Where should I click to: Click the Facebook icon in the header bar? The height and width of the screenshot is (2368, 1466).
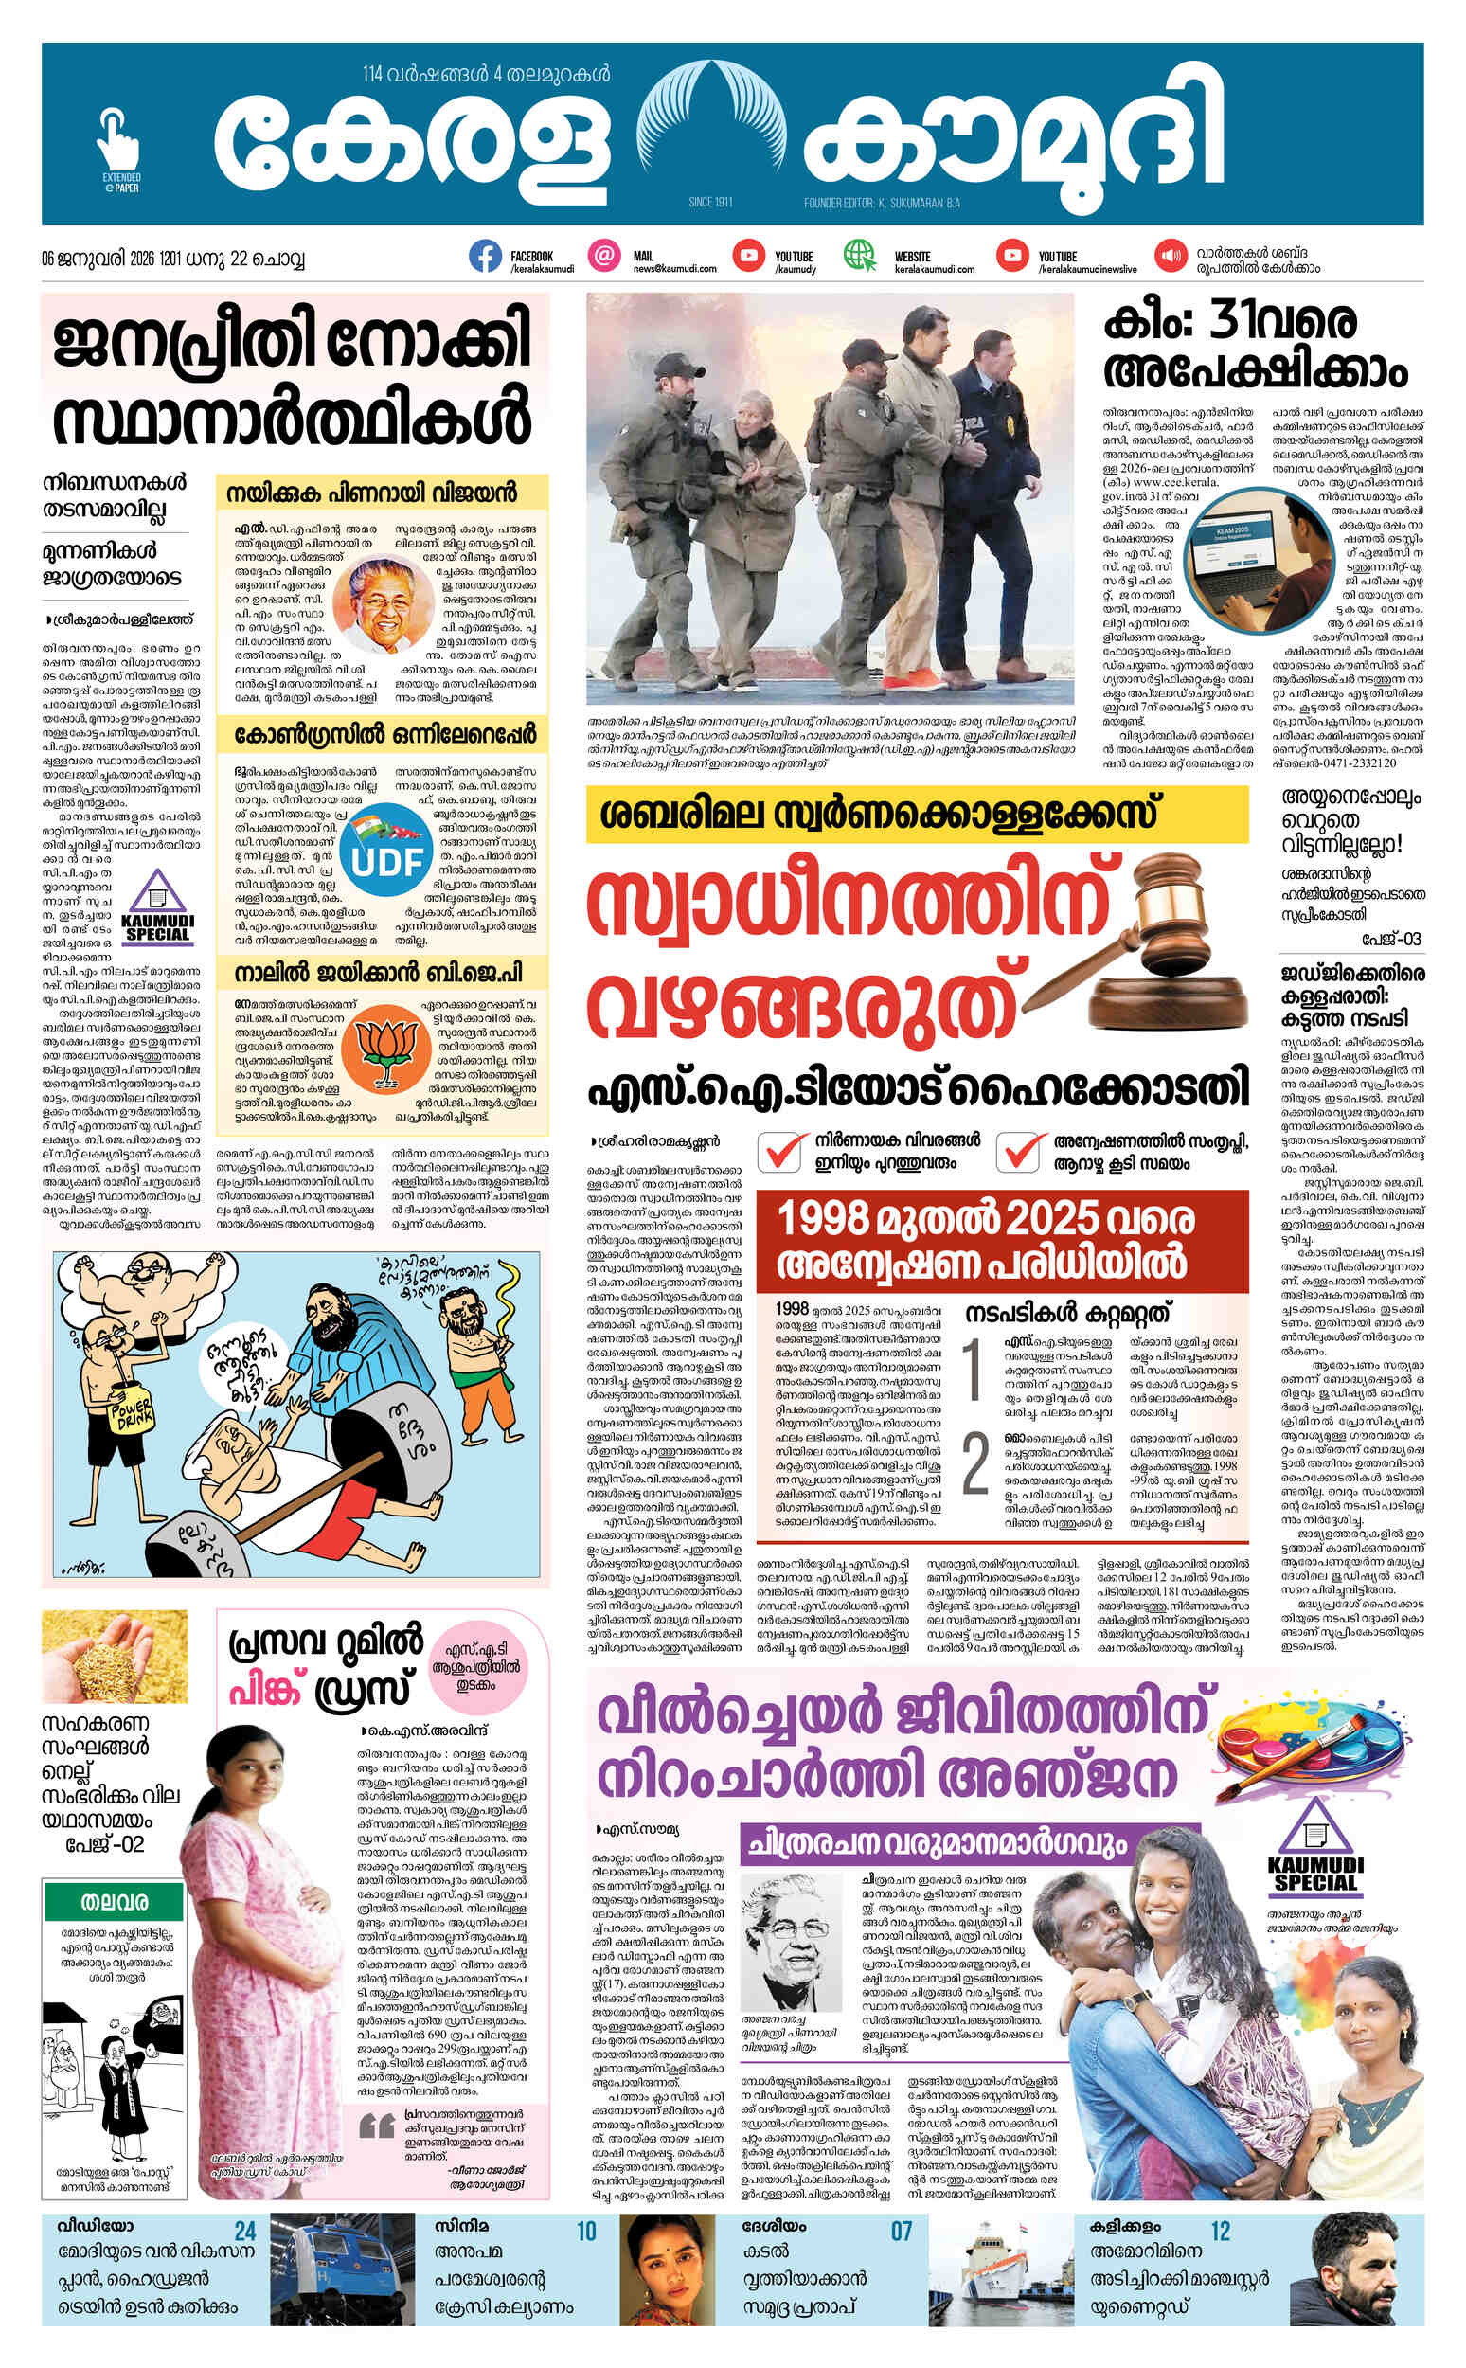pyautogui.click(x=485, y=256)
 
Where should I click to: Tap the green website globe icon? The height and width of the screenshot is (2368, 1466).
pyautogui.click(x=858, y=256)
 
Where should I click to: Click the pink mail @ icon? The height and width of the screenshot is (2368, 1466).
pyautogui.click(x=605, y=256)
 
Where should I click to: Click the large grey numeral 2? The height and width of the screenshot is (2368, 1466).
pyautogui.click(x=974, y=1466)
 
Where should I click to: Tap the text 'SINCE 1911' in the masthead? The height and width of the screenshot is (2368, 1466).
pyautogui.click(x=708, y=203)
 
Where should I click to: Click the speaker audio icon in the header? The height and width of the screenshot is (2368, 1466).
pyautogui.click(x=1171, y=256)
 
